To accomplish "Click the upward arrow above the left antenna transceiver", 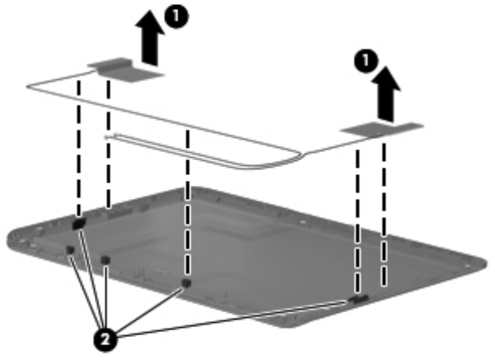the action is [x=150, y=44].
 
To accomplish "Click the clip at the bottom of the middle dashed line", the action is [x=187, y=283].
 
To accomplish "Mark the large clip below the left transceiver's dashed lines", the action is [x=80, y=223].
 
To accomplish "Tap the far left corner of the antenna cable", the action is [x=30, y=85].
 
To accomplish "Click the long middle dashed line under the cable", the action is [x=189, y=205].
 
